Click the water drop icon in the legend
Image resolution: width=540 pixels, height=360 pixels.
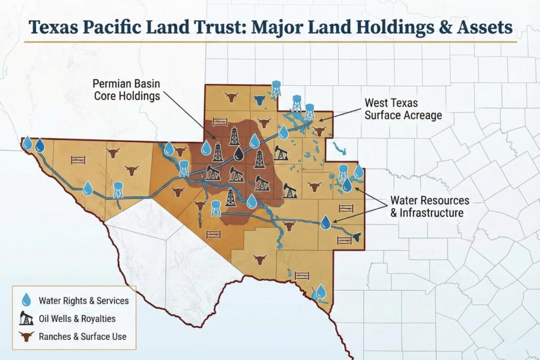tap(26, 300)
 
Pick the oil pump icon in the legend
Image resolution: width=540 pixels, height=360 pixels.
tap(26, 318)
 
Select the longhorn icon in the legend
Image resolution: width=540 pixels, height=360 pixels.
tap(26, 336)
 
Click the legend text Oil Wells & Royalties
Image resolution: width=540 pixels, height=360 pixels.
tap(77, 318)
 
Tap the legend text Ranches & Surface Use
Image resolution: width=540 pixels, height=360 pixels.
tap(82, 336)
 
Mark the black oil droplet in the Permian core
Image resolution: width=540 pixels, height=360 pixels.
tap(240, 153)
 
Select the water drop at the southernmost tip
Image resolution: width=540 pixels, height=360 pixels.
tap(321, 291)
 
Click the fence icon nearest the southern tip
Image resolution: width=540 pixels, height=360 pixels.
tap(302, 275)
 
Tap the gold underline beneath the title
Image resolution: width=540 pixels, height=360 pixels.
tap(269, 41)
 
